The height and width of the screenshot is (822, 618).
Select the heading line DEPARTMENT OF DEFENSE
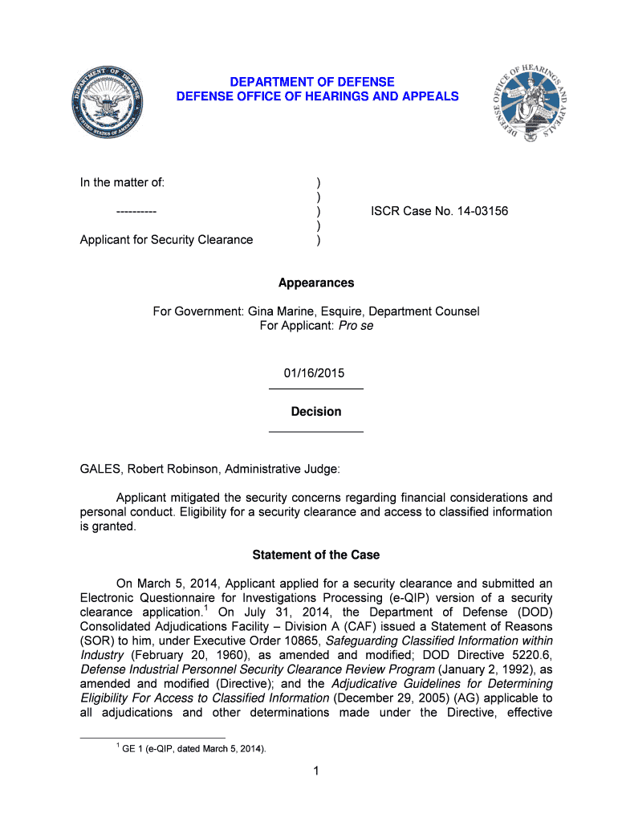pyautogui.click(x=312, y=82)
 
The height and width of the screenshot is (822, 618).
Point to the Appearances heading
pyautogui.click(x=315, y=283)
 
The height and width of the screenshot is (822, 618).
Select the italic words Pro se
pyautogui.click(x=356, y=326)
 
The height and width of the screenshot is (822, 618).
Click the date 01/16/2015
pyautogui.click(x=315, y=373)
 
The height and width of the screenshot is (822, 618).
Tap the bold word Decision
pyautogui.click(x=315, y=412)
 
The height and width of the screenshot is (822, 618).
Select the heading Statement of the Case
pyautogui.click(x=315, y=555)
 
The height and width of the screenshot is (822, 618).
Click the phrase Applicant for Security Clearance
pyautogui.click(x=166, y=239)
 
